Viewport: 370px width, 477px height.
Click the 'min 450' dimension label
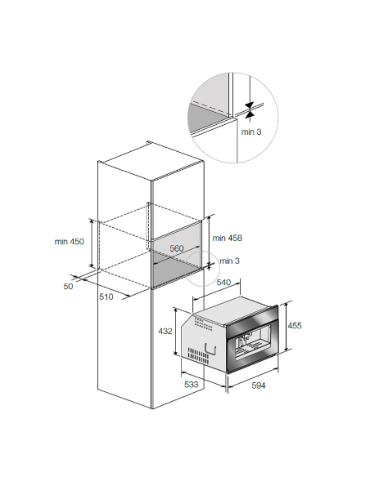coord(70,242)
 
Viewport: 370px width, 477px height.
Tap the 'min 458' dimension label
coord(227,238)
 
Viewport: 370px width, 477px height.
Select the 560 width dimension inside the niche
coord(177,248)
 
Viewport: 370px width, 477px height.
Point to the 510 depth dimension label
coord(106,296)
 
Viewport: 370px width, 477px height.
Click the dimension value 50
coord(68,286)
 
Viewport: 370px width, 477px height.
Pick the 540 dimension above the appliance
coord(223,283)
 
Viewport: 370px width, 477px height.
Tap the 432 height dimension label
coord(165,331)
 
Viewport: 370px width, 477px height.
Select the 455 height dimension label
coord(295,326)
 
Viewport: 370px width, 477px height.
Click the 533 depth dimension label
coord(191,384)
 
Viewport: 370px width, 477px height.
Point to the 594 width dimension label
coord(259,386)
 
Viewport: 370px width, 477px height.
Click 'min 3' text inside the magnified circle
coord(251,132)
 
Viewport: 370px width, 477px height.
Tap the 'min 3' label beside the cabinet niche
coord(229,261)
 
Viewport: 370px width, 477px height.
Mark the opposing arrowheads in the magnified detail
coord(250,110)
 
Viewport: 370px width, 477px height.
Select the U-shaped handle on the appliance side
coord(211,350)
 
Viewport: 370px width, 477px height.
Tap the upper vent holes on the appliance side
coord(203,323)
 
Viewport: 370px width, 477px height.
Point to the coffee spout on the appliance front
coord(245,337)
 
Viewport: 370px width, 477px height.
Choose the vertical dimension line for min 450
coord(92,243)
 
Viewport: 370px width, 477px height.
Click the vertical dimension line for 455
coord(287,327)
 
